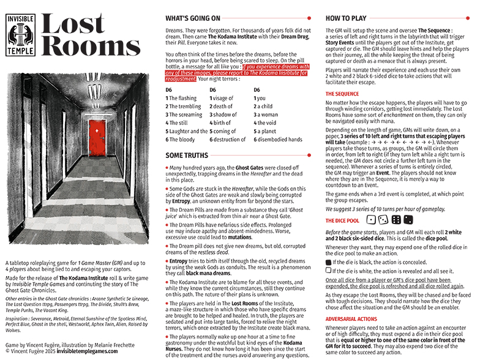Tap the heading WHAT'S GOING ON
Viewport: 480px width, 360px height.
coord(193,19)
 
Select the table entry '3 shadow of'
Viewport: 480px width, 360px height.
coord(223,114)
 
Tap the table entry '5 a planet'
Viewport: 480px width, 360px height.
coord(266,131)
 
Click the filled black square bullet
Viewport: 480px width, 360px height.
coord(329,261)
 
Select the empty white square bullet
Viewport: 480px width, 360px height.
coord(329,269)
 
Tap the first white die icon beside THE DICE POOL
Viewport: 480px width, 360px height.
coord(370,220)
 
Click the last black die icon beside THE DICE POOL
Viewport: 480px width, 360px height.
coord(407,220)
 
